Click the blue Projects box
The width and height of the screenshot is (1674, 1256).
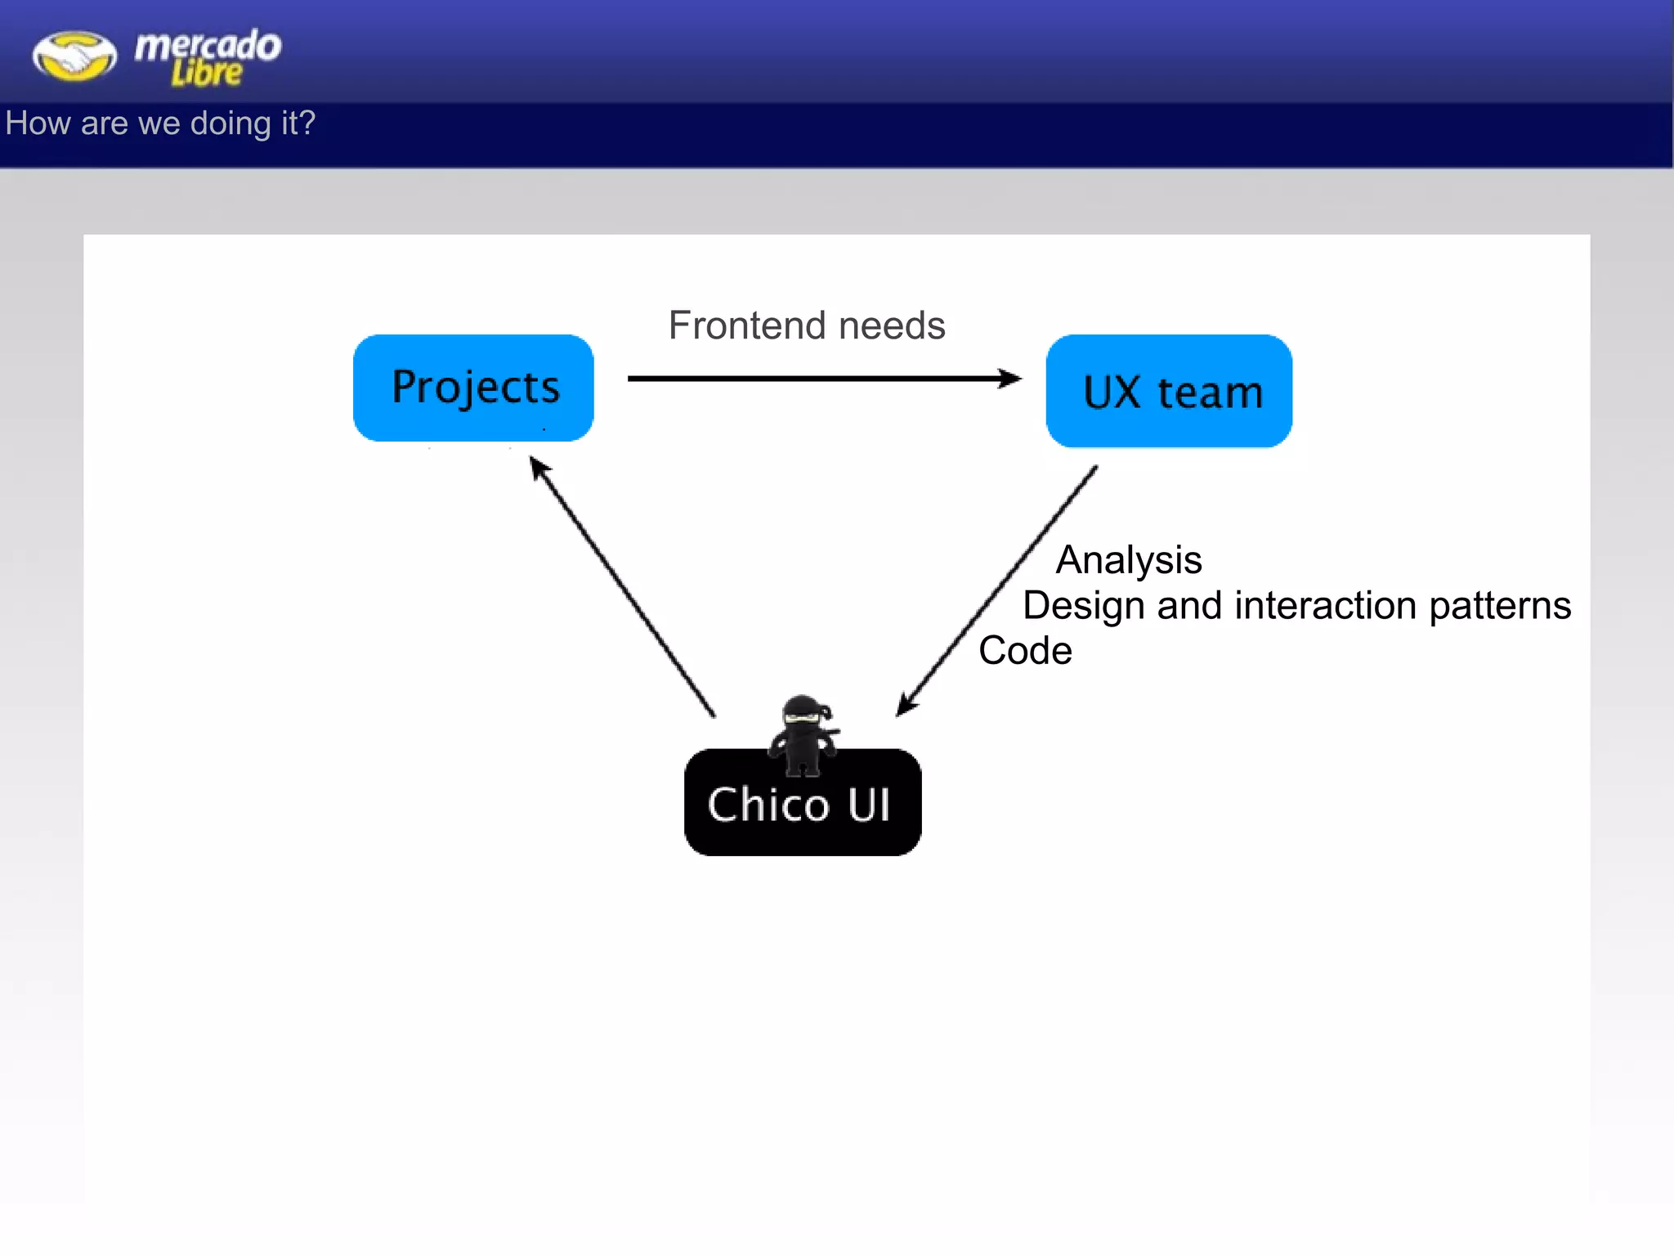(473, 388)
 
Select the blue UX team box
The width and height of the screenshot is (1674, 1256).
(1169, 391)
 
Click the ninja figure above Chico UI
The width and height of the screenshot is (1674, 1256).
(803, 734)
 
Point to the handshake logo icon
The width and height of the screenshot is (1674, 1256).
(74, 56)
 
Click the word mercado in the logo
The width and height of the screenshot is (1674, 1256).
(208, 45)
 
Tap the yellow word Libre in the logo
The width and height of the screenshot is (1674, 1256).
(206, 74)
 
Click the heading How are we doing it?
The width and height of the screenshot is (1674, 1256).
(160, 123)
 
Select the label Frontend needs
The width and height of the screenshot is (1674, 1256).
(807, 325)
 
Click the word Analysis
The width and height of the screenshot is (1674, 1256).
(1128, 560)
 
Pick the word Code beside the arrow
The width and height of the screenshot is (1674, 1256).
(1025, 651)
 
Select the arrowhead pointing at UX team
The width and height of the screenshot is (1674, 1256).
(1011, 379)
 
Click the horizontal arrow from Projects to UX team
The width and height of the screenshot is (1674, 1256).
(817, 379)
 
